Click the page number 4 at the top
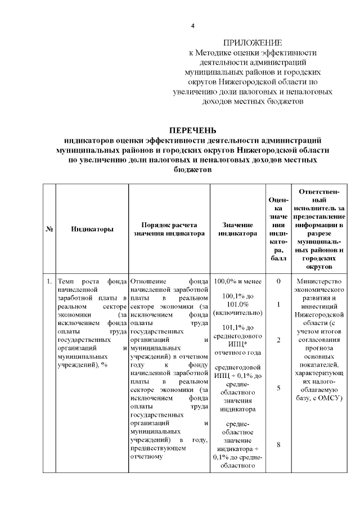193,26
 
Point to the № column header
49,229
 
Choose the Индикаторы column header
92,229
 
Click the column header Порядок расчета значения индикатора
169,229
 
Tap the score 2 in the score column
278,340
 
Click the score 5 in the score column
278,388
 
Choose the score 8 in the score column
278,445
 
